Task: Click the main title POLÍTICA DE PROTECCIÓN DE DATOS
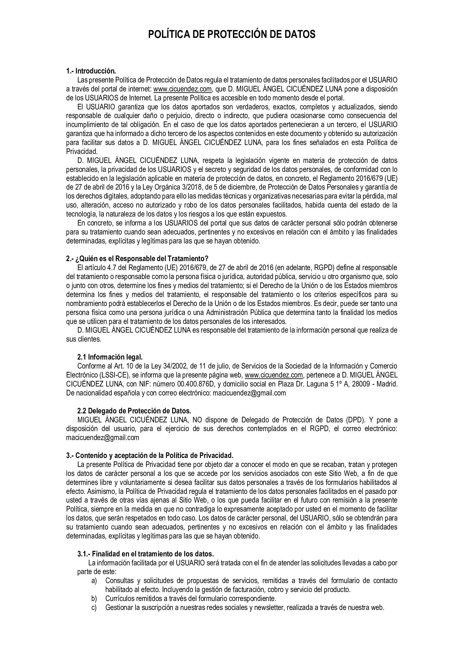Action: point(232,34)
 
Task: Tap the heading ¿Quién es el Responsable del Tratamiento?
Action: point(137,259)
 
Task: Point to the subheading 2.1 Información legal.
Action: point(110,357)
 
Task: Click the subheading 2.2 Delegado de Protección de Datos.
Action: point(134,411)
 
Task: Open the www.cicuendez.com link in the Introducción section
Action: point(183,89)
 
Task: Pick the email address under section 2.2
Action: point(103,438)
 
